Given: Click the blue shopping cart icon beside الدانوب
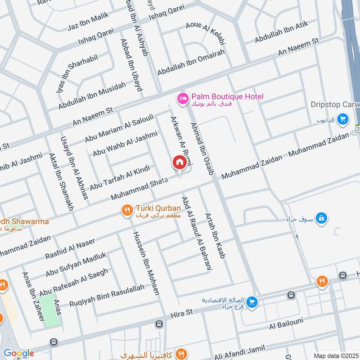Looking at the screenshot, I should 343,119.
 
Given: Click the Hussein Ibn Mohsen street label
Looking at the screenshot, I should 146,263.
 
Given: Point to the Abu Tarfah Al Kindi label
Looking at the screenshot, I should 119,178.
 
